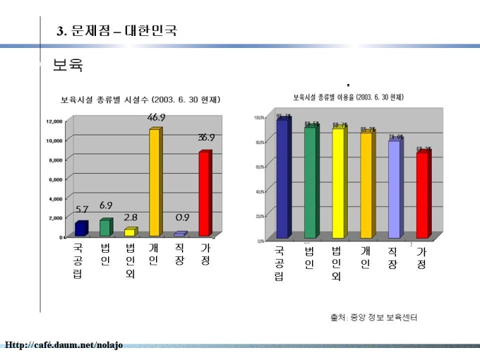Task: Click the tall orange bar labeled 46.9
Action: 155,182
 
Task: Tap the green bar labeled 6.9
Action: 105,227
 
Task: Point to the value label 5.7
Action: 82,210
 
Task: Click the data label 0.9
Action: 182,218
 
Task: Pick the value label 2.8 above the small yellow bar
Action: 131,217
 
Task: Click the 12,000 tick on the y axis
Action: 54,121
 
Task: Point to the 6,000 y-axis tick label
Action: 56,179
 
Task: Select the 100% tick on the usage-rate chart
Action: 259,117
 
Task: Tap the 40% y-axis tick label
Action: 260,191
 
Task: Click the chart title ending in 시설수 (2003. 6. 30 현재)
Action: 140,100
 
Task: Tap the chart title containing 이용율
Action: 353,97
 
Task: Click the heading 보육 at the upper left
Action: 68,66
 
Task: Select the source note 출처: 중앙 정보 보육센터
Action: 373,318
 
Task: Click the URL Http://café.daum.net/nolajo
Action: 64,344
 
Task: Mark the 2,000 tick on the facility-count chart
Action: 56,218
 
